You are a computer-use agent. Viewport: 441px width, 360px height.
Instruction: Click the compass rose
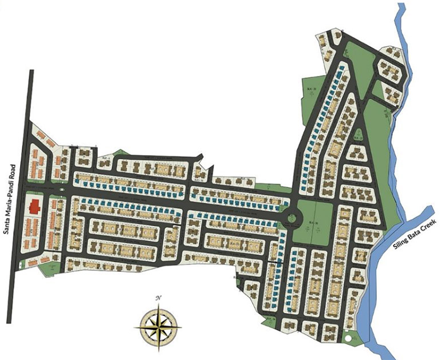click(159, 327)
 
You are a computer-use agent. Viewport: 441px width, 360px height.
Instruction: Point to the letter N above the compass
click(159, 298)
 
